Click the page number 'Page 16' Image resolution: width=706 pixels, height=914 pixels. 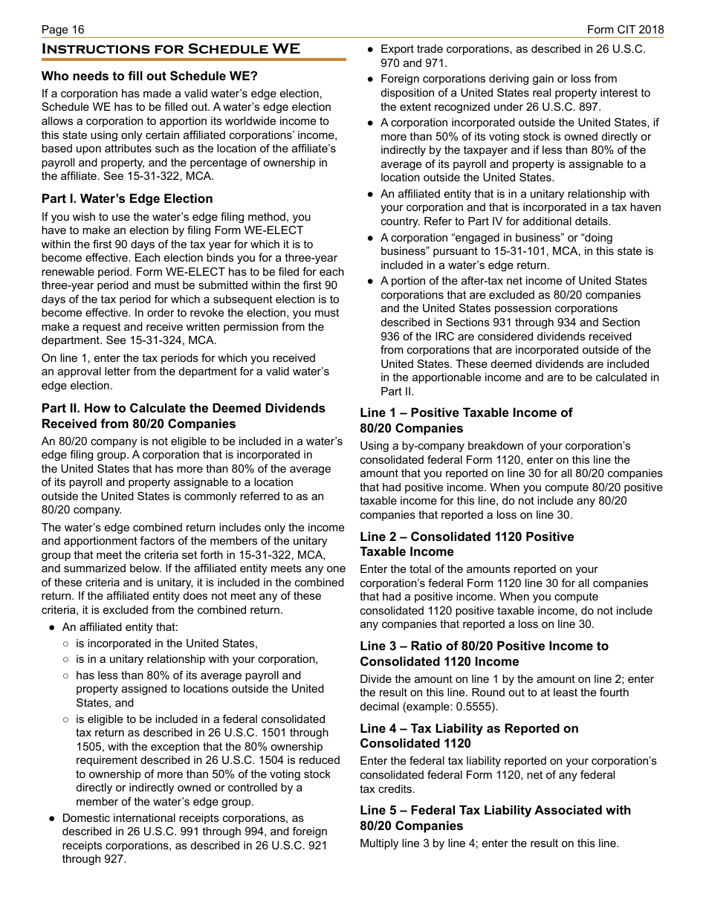tap(63, 30)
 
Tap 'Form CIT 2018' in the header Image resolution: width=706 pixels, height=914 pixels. tap(625, 30)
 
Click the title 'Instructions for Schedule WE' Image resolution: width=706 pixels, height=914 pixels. tap(171, 50)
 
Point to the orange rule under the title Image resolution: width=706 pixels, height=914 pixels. tap(193, 59)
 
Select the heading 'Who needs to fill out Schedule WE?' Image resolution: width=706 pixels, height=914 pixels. tap(149, 76)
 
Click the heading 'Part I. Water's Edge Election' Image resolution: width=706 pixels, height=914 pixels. tap(127, 198)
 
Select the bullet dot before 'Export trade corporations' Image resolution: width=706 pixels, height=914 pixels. tap(370, 50)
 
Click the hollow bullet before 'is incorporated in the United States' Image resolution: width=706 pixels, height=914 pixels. tap(66, 644)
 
